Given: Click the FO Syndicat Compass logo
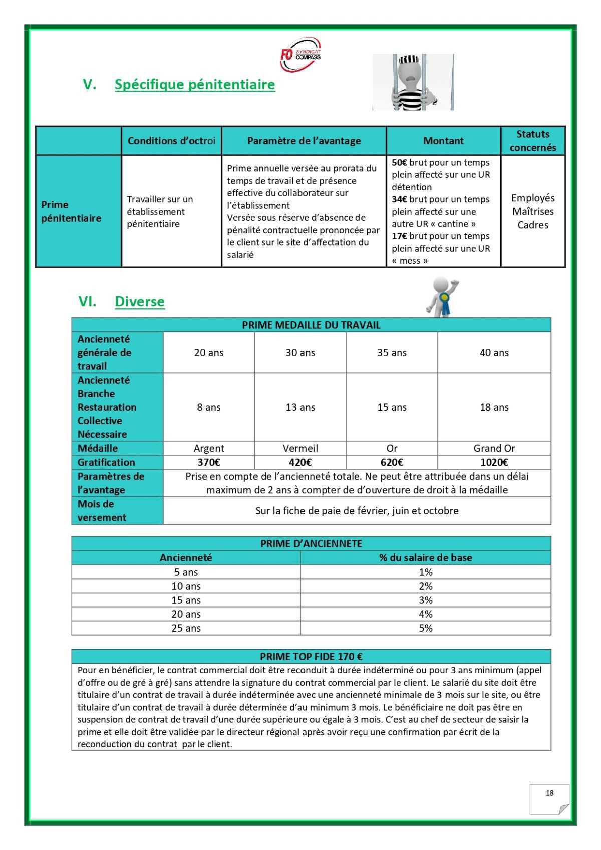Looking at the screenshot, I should tap(300, 54).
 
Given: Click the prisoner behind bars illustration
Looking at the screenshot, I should tap(413, 82).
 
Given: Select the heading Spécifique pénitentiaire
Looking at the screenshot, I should tap(195, 84).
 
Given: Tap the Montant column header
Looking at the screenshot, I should tap(443, 141).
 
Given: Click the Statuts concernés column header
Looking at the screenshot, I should tap(533, 141).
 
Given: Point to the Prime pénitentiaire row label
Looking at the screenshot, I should tap(71, 211).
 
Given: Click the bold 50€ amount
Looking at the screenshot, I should tap(399, 163).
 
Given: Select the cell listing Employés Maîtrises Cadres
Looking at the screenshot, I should tap(533, 211).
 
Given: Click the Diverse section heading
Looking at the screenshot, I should tap(139, 301).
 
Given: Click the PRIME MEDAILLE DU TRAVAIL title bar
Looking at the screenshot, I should tap(311, 325).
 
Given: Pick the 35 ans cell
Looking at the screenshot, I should tap(392, 353).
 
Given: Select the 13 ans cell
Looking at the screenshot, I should tap(300, 407).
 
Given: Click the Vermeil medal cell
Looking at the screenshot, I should tap(300, 448).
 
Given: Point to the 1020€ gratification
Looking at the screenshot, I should tap(494, 462).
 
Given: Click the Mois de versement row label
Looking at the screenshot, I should tap(102, 511).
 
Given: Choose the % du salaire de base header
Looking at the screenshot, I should tap(425, 557).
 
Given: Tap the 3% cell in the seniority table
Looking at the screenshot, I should tap(425, 600).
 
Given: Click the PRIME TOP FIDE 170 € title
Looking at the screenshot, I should tap(311, 656).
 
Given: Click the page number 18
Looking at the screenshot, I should tap(549, 793).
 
